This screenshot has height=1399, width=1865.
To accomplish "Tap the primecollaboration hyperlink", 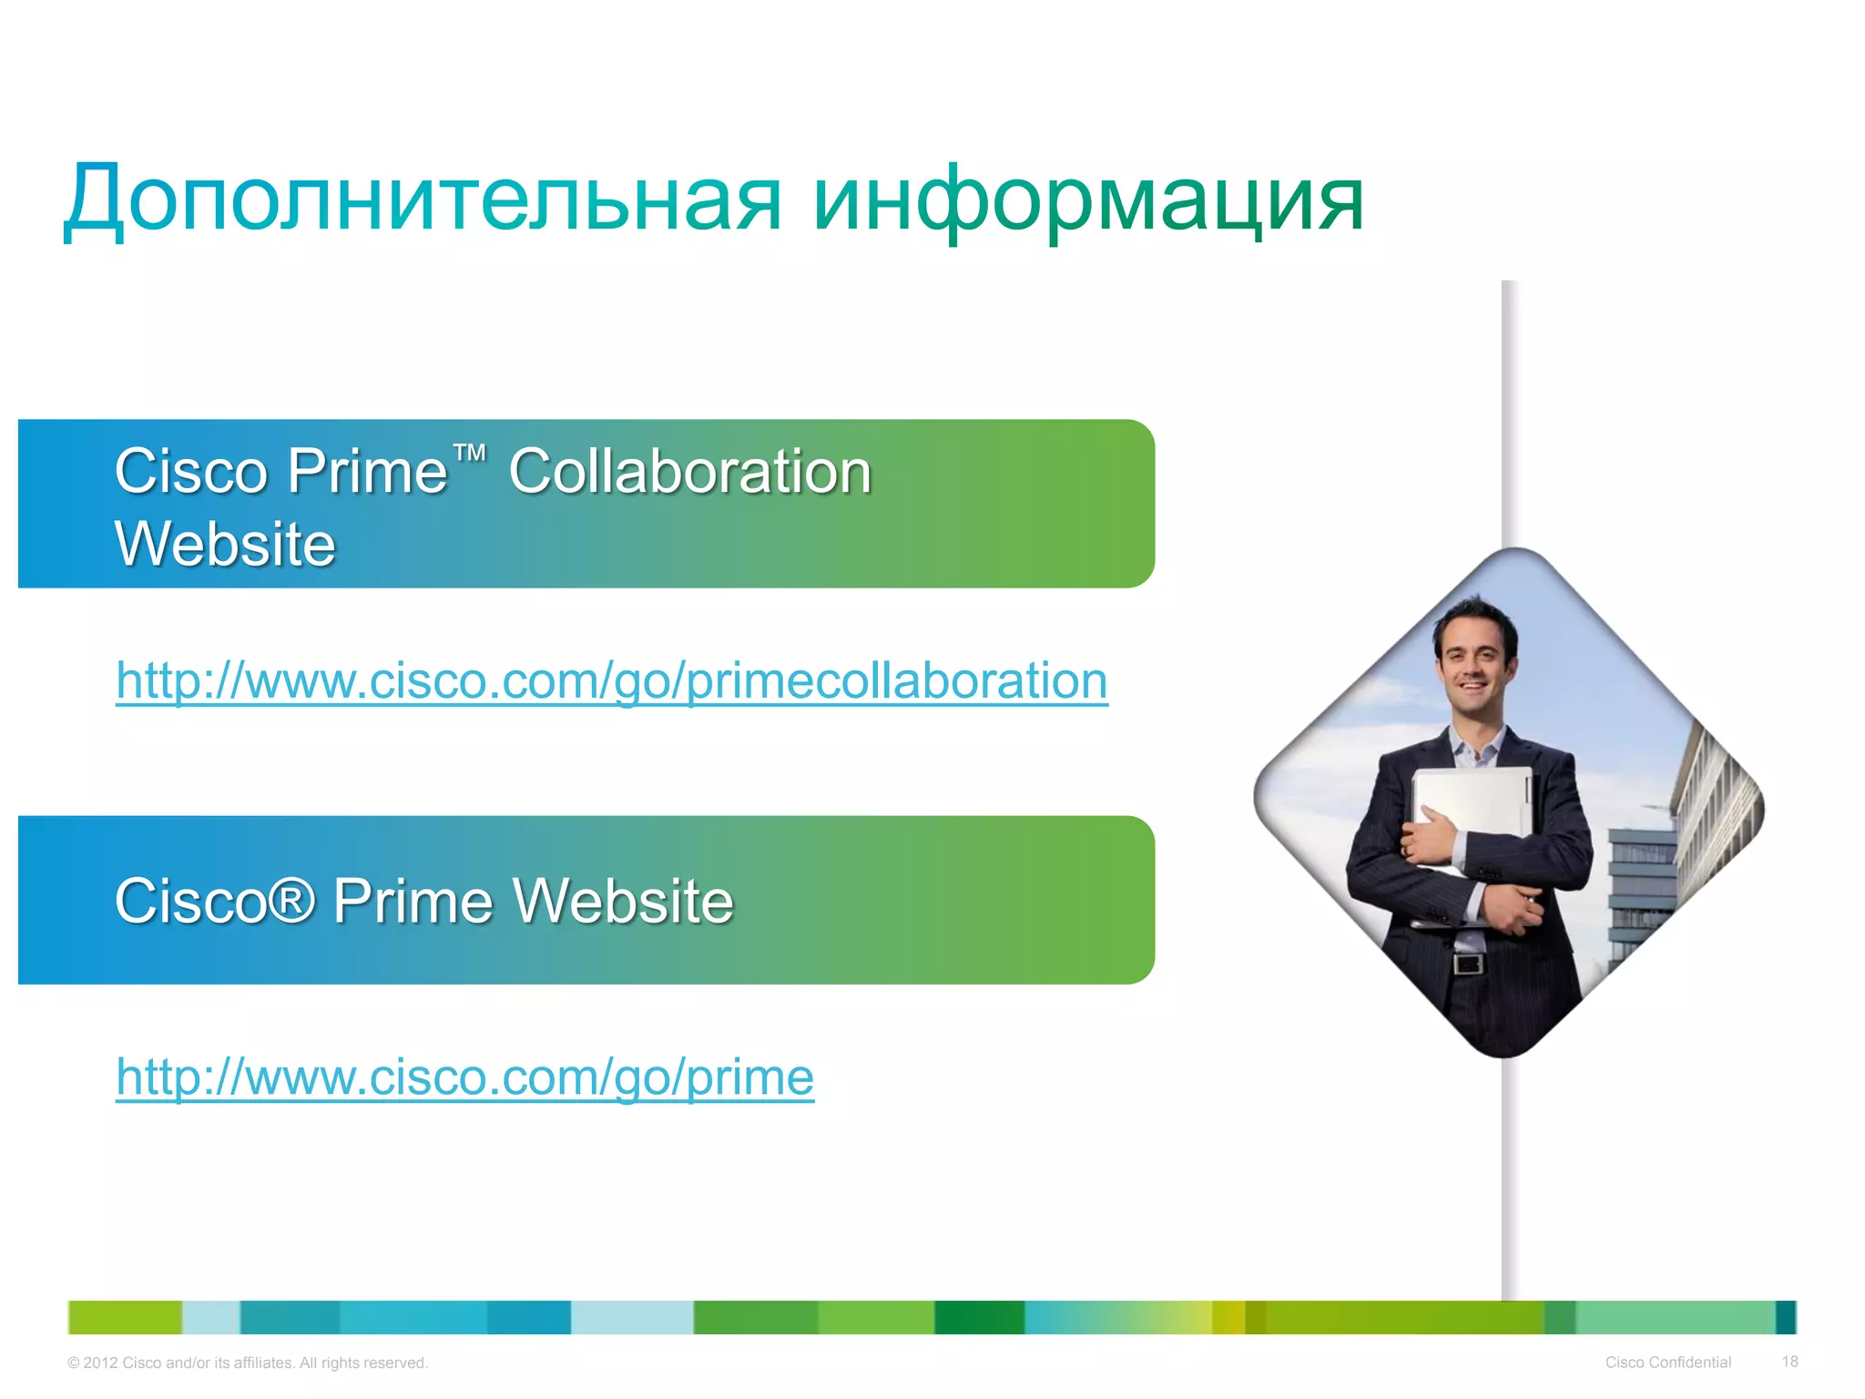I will pos(612,680).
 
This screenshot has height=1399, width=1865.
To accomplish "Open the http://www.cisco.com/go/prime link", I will pos(464,1077).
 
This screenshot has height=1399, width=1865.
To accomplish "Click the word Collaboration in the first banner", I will pos(689,472).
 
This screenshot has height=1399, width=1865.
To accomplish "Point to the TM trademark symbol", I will pos(470,454).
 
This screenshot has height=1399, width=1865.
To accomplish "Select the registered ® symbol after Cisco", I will pos(293,901).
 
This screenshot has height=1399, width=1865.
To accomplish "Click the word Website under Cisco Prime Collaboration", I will pos(225,545).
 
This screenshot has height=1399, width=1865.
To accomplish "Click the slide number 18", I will pos(1789,1362).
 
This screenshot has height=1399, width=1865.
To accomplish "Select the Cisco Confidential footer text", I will pos(1667,1363).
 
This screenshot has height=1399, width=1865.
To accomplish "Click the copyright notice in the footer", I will pos(248,1363).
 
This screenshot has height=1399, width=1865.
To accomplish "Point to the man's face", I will pos(1475,660).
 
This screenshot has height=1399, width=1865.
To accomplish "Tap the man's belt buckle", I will pos(1467,963).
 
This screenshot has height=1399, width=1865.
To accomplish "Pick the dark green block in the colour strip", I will pos(979,1317).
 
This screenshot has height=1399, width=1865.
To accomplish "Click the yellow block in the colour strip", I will pos(1228,1317).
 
